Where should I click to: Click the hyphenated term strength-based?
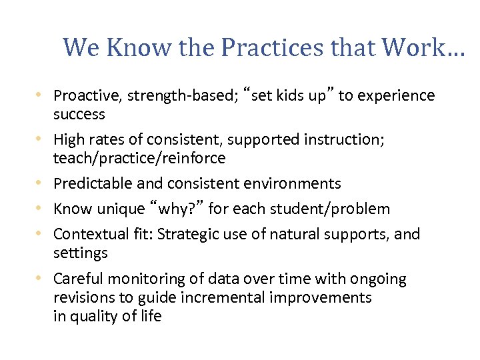coord(169,96)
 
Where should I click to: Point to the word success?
coord(79,115)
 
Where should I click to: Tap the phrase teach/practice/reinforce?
coord(139,159)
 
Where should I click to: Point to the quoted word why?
coord(175,209)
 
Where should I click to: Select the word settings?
coord(80,253)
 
